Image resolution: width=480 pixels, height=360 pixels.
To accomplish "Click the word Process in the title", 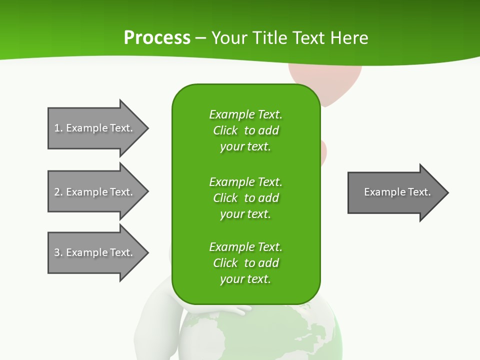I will [156, 37].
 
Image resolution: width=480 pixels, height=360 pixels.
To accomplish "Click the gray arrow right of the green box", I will [395, 192].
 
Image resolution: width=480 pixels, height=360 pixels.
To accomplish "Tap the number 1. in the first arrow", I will [58, 128].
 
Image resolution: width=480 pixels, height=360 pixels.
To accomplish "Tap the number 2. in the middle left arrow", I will [58, 192].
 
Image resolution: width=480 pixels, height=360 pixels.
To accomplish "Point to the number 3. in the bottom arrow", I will [58, 252].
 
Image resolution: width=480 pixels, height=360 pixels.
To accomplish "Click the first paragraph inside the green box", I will [245, 130].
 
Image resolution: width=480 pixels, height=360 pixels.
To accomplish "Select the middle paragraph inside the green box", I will [245, 198].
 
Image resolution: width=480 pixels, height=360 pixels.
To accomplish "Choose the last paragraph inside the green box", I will [245, 263].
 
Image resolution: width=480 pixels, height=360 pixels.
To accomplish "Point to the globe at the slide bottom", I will [300, 335].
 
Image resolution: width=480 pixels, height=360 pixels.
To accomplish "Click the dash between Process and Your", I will [200, 38].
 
